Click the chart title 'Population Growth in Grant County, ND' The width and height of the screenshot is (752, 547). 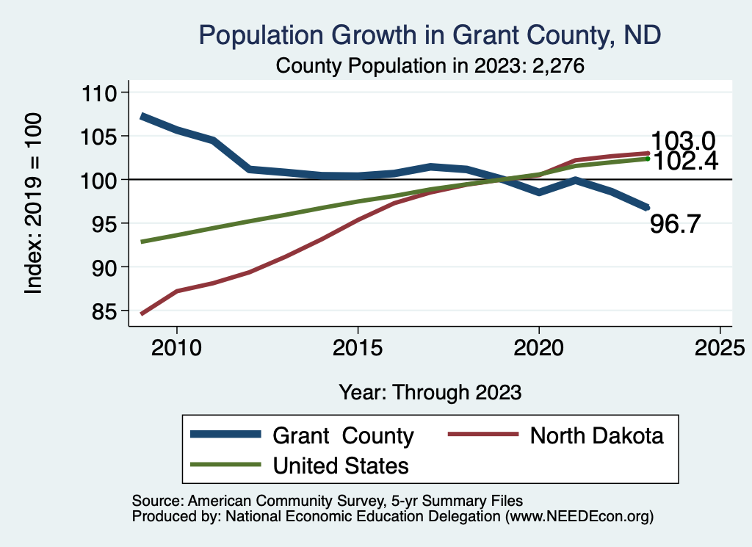coord(429,35)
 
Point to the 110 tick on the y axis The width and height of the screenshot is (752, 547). coord(100,93)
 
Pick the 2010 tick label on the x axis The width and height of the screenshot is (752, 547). coord(176,347)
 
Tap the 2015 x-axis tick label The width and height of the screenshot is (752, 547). coord(358,347)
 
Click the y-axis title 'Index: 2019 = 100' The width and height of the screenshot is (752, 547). coord(33,203)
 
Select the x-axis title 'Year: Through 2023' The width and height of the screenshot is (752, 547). coord(430,392)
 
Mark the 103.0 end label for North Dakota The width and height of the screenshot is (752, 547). coord(683,141)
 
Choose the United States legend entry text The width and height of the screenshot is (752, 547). coord(341,465)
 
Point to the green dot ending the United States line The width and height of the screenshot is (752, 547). coord(648,159)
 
